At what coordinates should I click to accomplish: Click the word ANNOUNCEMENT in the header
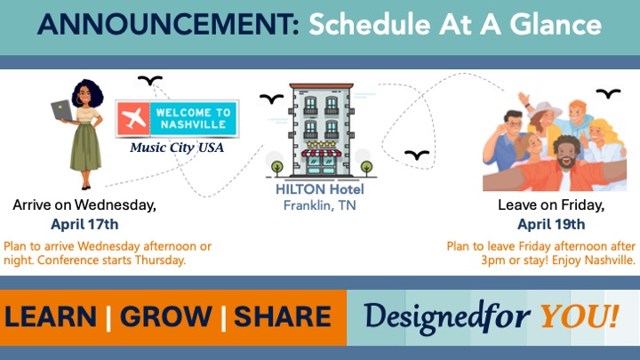pos(168,24)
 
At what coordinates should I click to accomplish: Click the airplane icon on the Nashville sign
pos(133,118)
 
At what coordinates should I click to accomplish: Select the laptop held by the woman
pos(62,110)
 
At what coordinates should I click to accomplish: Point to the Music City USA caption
pos(177,147)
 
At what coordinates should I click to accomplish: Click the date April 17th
pos(84,224)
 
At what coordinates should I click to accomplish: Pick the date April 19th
pos(551,224)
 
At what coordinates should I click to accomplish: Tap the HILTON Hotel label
pos(320,189)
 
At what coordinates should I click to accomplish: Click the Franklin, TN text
pos(320,205)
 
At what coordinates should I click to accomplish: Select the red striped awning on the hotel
pos(321,153)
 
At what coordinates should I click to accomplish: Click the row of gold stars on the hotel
pos(321,144)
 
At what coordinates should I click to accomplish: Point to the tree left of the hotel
pos(277,167)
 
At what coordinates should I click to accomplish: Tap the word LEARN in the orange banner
pos(51,316)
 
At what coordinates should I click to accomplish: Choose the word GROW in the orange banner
pos(165,316)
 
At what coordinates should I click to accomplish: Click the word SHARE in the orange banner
pos(283,316)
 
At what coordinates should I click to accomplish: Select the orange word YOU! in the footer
pos(580,316)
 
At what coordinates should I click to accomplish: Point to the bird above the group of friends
pos(608,93)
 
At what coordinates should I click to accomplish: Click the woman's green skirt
pos(85,146)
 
